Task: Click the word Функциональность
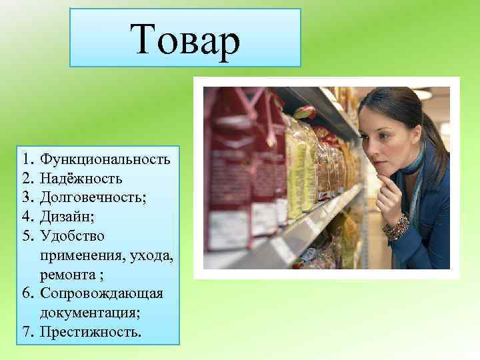(x=105, y=159)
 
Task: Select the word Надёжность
(x=81, y=179)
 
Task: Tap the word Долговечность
(x=90, y=197)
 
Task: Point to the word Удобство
(x=72, y=236)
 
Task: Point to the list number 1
(x=27, y=159)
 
